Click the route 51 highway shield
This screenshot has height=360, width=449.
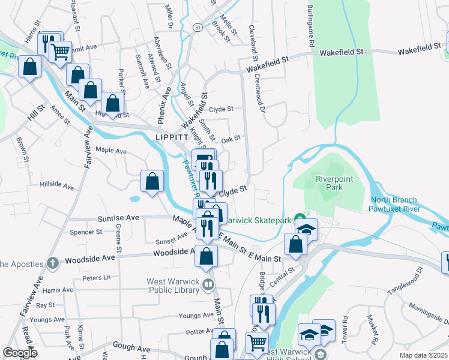[198, 28]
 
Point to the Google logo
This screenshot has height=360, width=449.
[20, 353]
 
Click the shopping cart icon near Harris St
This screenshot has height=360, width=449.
[59, 53]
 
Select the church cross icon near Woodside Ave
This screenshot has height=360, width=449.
[52, 262]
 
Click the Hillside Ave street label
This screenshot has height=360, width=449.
[57, 186]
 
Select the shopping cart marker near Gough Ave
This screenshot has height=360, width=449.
[257, 343]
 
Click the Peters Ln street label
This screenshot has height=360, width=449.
[97, 277]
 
